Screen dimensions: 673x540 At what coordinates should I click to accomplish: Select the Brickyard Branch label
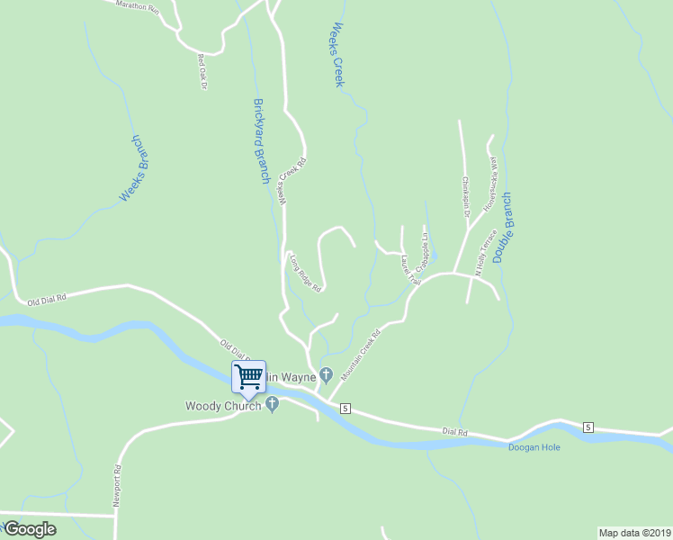(x=261, y=141)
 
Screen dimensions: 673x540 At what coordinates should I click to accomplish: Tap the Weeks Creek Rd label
(x=292, y=181)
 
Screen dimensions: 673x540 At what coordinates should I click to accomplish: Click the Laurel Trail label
(x=410, y=269)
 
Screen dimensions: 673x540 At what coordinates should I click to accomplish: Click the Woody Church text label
(x=223, y=406)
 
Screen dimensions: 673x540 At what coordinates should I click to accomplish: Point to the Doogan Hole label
(x=534, y=446)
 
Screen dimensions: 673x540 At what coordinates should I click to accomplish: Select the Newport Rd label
(x=117, y=487)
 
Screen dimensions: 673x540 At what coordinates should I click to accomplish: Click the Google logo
(x=30, y=529)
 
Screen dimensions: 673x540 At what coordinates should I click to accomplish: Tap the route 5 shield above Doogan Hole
(x=588, y=426)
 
